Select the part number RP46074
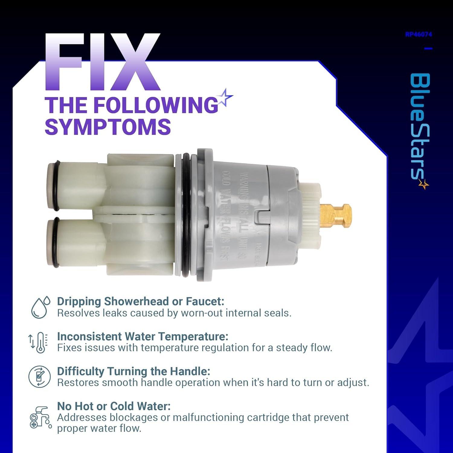click(x=419, y=34)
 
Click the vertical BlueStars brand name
click(x=420, y=130)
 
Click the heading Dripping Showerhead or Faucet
click(x=140, y=301)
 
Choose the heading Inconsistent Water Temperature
click(x=143, y=336)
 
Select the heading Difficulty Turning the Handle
click(x=133, y=371)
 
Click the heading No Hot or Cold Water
click(x=114, y=406)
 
